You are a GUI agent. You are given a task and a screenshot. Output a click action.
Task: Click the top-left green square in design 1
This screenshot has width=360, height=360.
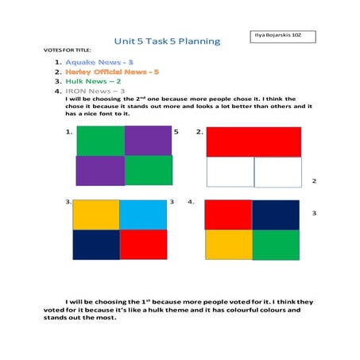click(100, 140)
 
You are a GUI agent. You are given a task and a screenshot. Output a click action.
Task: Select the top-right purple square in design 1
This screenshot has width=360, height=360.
click(149, 140)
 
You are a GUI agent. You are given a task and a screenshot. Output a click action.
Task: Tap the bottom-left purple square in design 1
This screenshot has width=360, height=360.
click(100, 171)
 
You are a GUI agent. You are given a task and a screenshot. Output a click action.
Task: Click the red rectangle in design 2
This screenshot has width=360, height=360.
click(254, 141)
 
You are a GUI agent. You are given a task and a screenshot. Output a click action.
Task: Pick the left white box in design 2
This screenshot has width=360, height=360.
click(230, 172)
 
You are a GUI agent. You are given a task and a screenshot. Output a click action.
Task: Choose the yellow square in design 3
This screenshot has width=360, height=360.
click(95, 215)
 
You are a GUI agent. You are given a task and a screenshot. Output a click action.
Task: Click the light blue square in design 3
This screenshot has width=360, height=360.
click(143, 215)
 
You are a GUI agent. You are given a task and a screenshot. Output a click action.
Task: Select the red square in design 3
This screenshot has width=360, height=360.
click(143, 245)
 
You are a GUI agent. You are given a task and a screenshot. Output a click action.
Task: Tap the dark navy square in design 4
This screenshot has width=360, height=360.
click(276, 215)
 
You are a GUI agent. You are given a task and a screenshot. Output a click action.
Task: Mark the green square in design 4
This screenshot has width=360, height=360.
click(276, 245)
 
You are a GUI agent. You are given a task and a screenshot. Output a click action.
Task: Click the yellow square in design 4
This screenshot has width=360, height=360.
click(228, 245)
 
